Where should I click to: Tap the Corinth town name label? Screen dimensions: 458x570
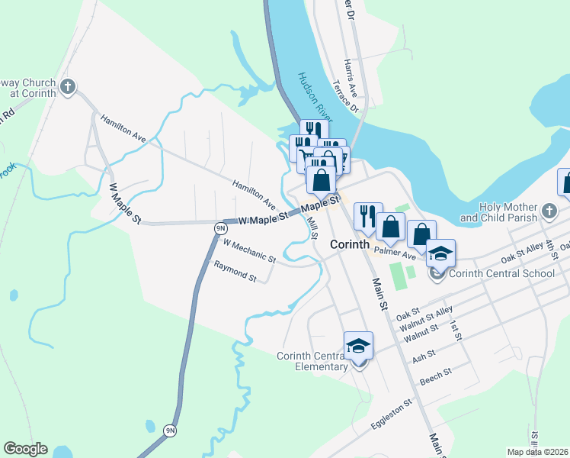click(350, 245)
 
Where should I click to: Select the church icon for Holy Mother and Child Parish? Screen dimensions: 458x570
click(549, 209)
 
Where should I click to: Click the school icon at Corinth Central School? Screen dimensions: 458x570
click(440, 254)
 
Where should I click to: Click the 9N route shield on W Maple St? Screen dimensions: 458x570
click(220, 227)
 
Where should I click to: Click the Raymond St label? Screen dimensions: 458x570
click(235, 271)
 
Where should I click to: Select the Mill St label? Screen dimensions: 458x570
click(312, 228)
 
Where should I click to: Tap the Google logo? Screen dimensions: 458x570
click(25, 449)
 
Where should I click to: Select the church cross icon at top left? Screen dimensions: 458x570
click(68, 87)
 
